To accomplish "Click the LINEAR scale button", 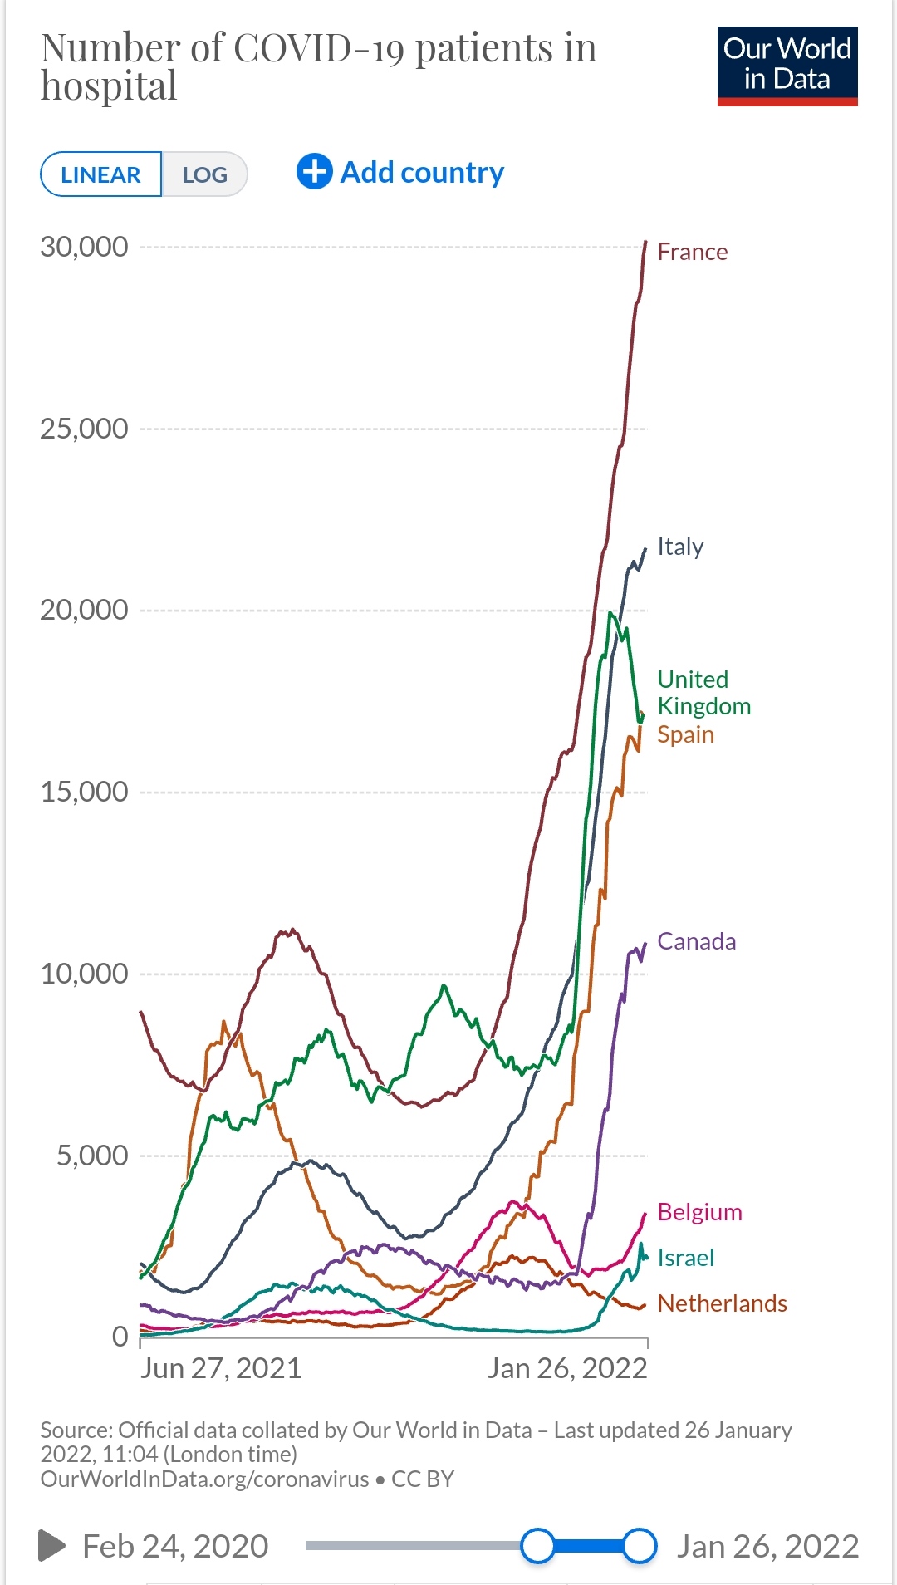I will point(100,174).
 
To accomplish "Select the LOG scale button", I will point(204,174).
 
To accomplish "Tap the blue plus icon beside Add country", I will point(315,172).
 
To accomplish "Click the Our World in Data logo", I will point(787,66).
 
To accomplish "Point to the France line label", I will point(692,252).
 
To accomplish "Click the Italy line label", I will point(680,547).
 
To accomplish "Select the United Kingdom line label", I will point(703,693).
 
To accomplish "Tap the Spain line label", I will point(685,734).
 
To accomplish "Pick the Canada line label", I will point(696,941).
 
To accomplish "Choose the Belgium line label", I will point(699,1212).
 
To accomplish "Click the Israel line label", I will point(685,1258).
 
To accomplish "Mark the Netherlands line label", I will point(722,1303).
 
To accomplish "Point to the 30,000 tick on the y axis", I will point(84,247).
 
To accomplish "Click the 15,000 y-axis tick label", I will point(84,792).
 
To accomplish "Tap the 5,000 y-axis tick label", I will point(91,1156).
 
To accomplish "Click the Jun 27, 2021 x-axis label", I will point(220,1368).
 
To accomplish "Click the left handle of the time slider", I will point(538,1546).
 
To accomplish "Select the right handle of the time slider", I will point(640,1546).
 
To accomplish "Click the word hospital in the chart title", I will point(109,86).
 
